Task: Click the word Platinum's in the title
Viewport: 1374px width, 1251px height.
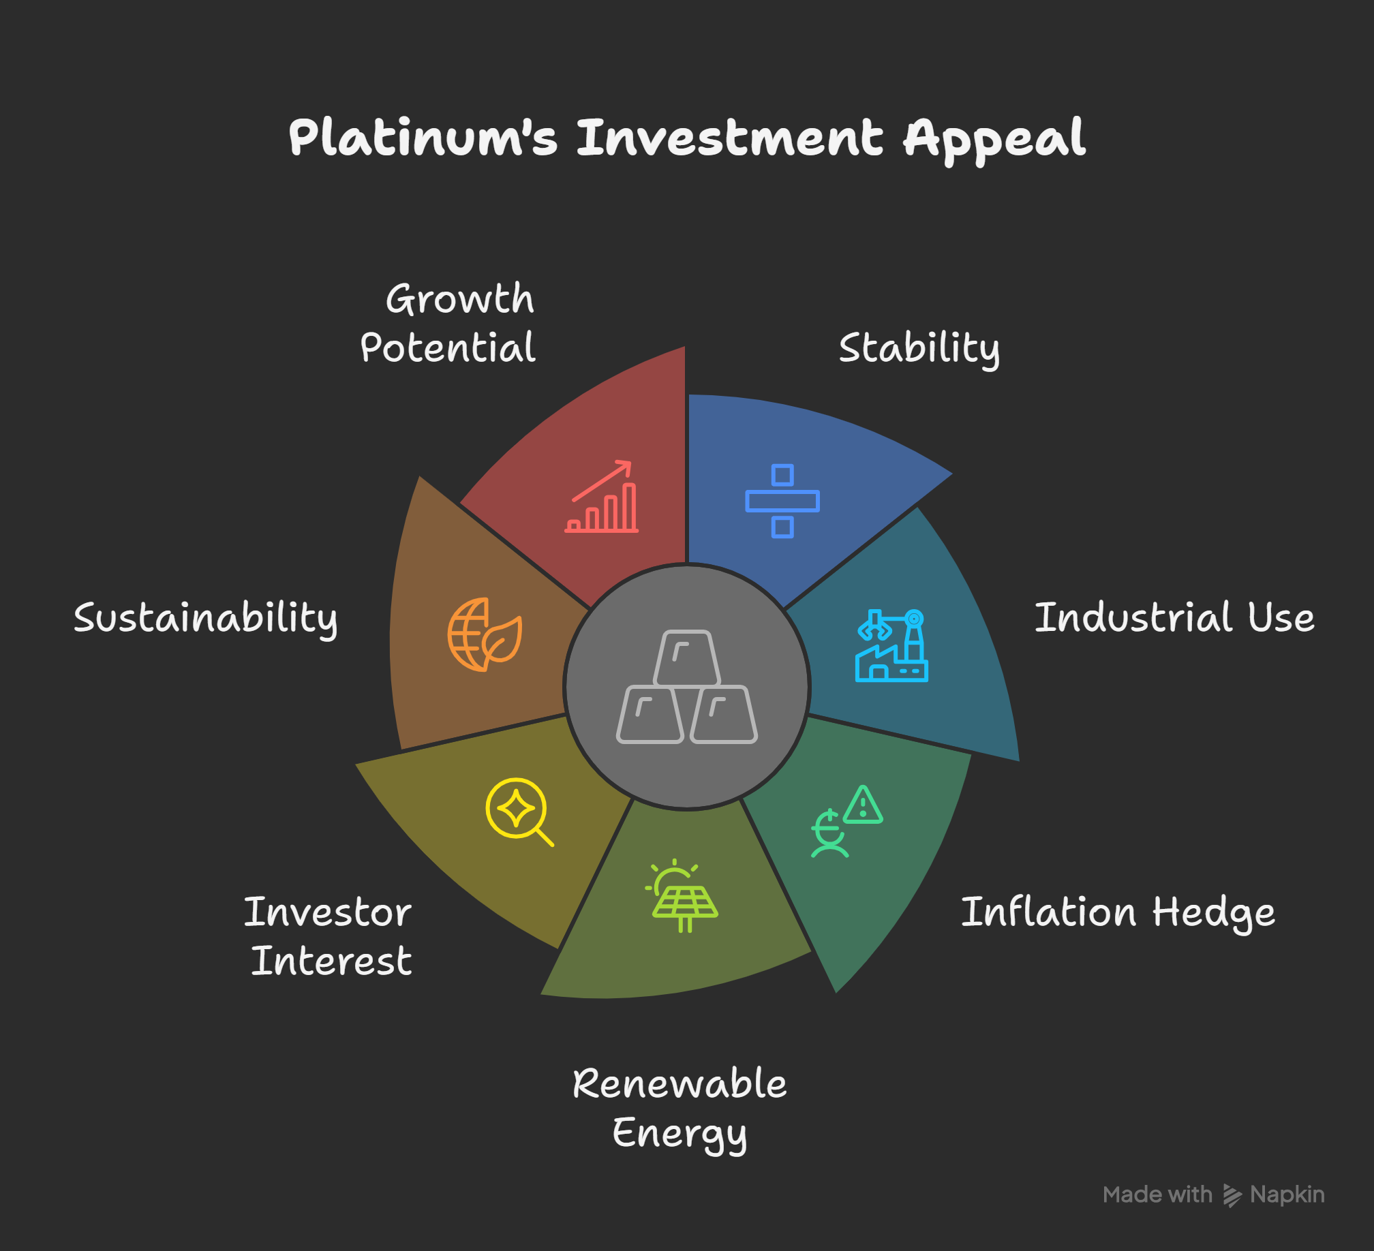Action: pyautogui.click(x=423, y=138)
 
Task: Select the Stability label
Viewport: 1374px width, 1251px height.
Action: pyautogui.click(x=919, y=350)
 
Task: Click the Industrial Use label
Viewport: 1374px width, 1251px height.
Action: pyautogui.click(x=1174, y=617)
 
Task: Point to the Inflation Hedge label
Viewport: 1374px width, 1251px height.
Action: pyautogui.click(x=1118, y=913)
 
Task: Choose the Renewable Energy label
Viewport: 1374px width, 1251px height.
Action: pyautogui.click(x=680, y=1109)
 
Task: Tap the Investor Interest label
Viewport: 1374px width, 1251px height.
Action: pyautogui.click(x=329, y=936)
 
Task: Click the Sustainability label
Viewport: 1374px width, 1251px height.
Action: pyautogui.click(x=206, y=619)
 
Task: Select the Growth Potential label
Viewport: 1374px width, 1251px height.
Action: pyautogui.click(x=448, y=323)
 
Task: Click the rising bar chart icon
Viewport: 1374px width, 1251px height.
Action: pyautogui.click(x=602, y=497)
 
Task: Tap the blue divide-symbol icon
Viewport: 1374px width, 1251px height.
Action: pyautogui.click(x=782, y=501)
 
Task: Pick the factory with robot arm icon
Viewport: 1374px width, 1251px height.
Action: pyautogui.click(x=891, y=645)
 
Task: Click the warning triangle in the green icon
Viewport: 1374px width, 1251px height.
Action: pyautogui.click(x=863, y=805)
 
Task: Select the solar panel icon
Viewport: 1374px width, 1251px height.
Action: pyautogui.click(x=682, y=895)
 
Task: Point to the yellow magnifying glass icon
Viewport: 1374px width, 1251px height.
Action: pyautogui.click(x=519, y=812)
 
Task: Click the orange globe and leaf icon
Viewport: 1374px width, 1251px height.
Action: pyautogui.click(x=485, y=634)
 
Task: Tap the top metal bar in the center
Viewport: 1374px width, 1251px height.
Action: pyautogui.click(x=687, y=658)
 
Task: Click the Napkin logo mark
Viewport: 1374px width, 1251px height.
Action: pyautogui.click(x=1232, y=1195)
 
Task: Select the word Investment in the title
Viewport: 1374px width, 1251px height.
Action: pyautogui.click(x=730, y=138)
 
